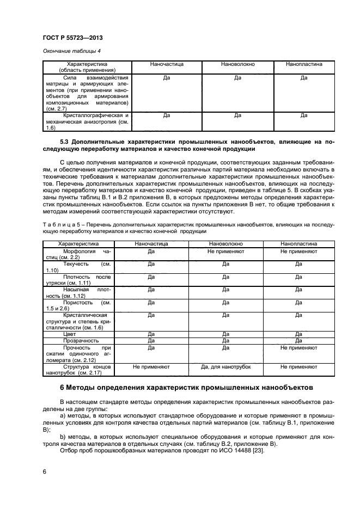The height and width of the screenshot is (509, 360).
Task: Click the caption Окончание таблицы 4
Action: [71, 51]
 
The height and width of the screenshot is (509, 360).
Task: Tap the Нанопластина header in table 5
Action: [298, 244]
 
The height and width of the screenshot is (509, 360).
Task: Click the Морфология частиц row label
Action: [78, 255]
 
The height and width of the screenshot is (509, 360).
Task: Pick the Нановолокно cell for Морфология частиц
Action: [225, 252]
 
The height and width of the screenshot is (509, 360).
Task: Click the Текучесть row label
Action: [78, 267]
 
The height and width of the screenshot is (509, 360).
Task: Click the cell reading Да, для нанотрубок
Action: [225, 367]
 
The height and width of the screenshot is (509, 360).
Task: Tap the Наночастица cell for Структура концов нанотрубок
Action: [151, 367]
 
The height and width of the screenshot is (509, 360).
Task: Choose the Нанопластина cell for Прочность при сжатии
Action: [298, 347]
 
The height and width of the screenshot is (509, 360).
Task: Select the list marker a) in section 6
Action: [62, 415]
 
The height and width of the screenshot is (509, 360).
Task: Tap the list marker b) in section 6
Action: [62, 436]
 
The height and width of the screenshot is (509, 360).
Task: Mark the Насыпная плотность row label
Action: [78, 293]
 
